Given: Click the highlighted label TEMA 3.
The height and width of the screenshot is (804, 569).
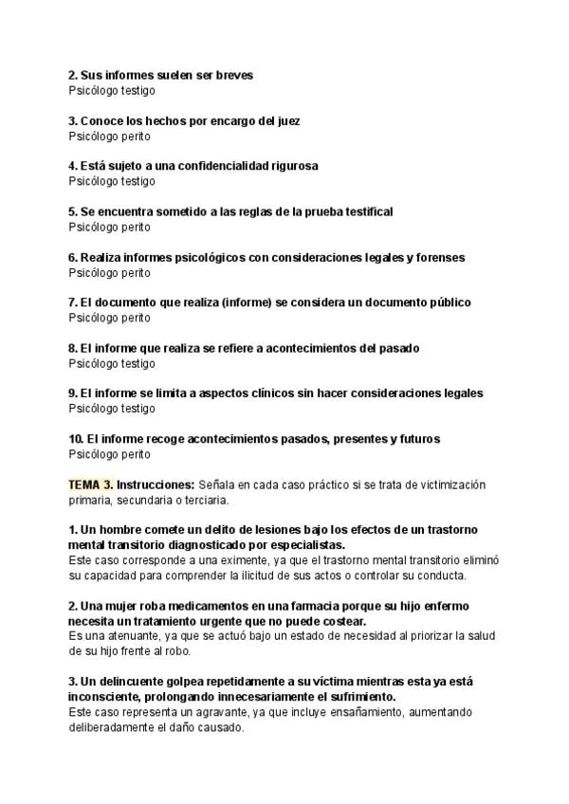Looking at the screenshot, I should click(91, 484).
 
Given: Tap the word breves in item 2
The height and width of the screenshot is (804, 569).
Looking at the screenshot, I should click(233, 75).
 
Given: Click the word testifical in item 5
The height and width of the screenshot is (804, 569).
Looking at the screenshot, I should click(365, 211).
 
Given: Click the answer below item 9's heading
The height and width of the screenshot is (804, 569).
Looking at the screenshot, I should click(112, 409).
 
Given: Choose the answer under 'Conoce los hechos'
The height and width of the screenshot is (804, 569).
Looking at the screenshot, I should click(109, 136).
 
